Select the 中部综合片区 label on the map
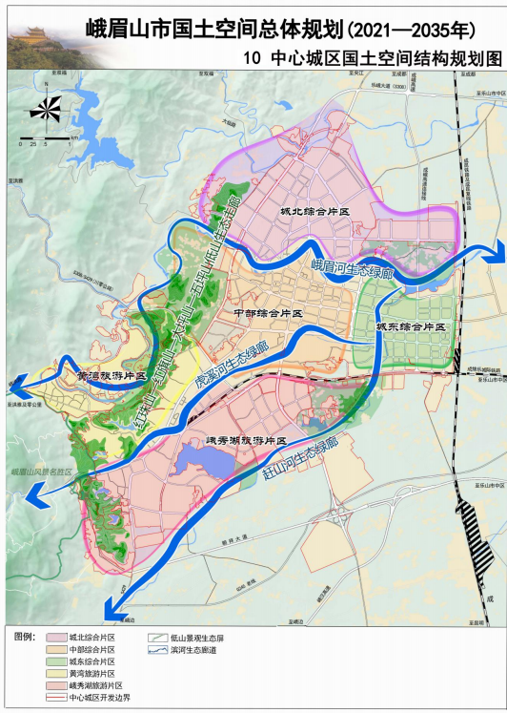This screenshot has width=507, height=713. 267,314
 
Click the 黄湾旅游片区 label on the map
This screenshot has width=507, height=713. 112,376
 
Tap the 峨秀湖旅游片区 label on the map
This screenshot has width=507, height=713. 247,442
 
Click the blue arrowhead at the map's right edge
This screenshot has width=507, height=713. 495,250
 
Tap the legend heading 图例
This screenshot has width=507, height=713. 26,635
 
